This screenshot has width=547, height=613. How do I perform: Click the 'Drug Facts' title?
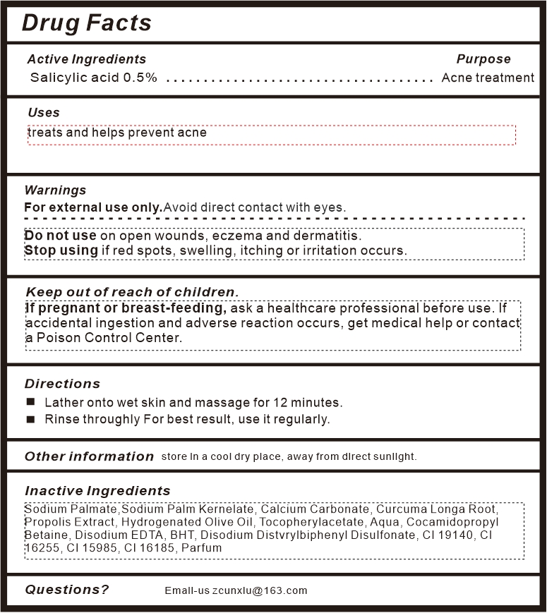86,23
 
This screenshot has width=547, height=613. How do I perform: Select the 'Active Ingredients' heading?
86,59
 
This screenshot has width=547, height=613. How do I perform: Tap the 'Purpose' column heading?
483,59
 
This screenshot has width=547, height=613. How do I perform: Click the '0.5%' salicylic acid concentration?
140,78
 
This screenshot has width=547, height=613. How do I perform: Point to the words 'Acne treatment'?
488,78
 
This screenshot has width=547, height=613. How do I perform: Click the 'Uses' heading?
44,113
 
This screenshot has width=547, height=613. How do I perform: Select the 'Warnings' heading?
55,190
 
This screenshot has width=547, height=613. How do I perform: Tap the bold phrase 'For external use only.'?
93,207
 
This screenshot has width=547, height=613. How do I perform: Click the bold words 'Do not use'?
60,236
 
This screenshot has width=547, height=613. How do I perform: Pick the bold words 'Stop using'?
61,250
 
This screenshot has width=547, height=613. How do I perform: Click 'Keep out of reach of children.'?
132,292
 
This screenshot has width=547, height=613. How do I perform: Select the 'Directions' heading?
62,384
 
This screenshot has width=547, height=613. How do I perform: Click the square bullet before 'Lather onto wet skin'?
30,402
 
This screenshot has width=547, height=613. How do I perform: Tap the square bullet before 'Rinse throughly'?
30,419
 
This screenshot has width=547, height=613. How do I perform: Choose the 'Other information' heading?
89,456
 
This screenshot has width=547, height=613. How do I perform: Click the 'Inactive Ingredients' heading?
97,491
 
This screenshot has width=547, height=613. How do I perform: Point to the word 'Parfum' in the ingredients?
201,548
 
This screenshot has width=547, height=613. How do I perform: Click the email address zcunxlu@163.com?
260,590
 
